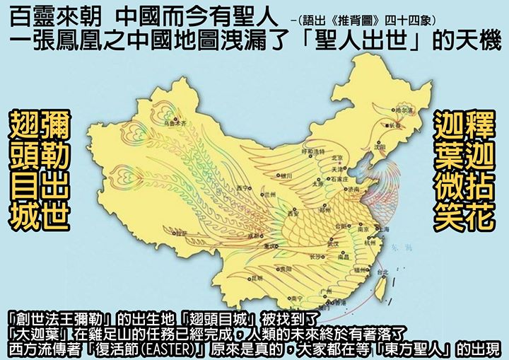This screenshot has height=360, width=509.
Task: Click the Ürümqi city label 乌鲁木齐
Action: (175, 123)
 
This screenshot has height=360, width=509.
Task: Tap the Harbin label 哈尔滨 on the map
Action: (403, 111)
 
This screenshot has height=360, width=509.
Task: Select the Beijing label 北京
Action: (337, 159)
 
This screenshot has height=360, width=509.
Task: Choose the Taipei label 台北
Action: (382, 272)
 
